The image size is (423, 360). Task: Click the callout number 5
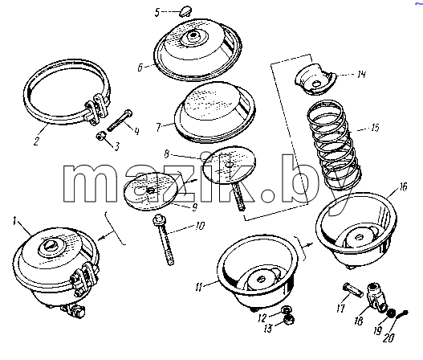tap(157, 12)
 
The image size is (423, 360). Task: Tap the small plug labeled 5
tap(185, 10)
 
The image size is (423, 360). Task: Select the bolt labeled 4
tap(120, 121)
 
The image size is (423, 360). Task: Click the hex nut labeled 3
tap(100, 137)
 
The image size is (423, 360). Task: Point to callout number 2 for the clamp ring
tap(37, 141)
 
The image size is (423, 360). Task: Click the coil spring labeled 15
tap(333, 145)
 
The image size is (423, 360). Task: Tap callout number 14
tap(361, 74)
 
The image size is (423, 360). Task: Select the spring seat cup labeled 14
tap(315, 80)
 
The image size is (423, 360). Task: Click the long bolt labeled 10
tap(164, 239)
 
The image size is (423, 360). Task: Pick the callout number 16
tap(403, 186)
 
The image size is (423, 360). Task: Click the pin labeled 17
tap(352, 289)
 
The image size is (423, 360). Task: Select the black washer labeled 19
tap(390, 313)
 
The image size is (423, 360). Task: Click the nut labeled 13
tap(289, 320)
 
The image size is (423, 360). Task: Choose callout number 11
tap(198, 288)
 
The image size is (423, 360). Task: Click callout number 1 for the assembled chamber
tap(14, 222)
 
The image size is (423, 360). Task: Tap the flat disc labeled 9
tap(151, 191)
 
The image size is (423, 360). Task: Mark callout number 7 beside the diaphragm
tap(159, 127)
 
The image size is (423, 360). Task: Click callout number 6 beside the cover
tap(140, 67)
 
